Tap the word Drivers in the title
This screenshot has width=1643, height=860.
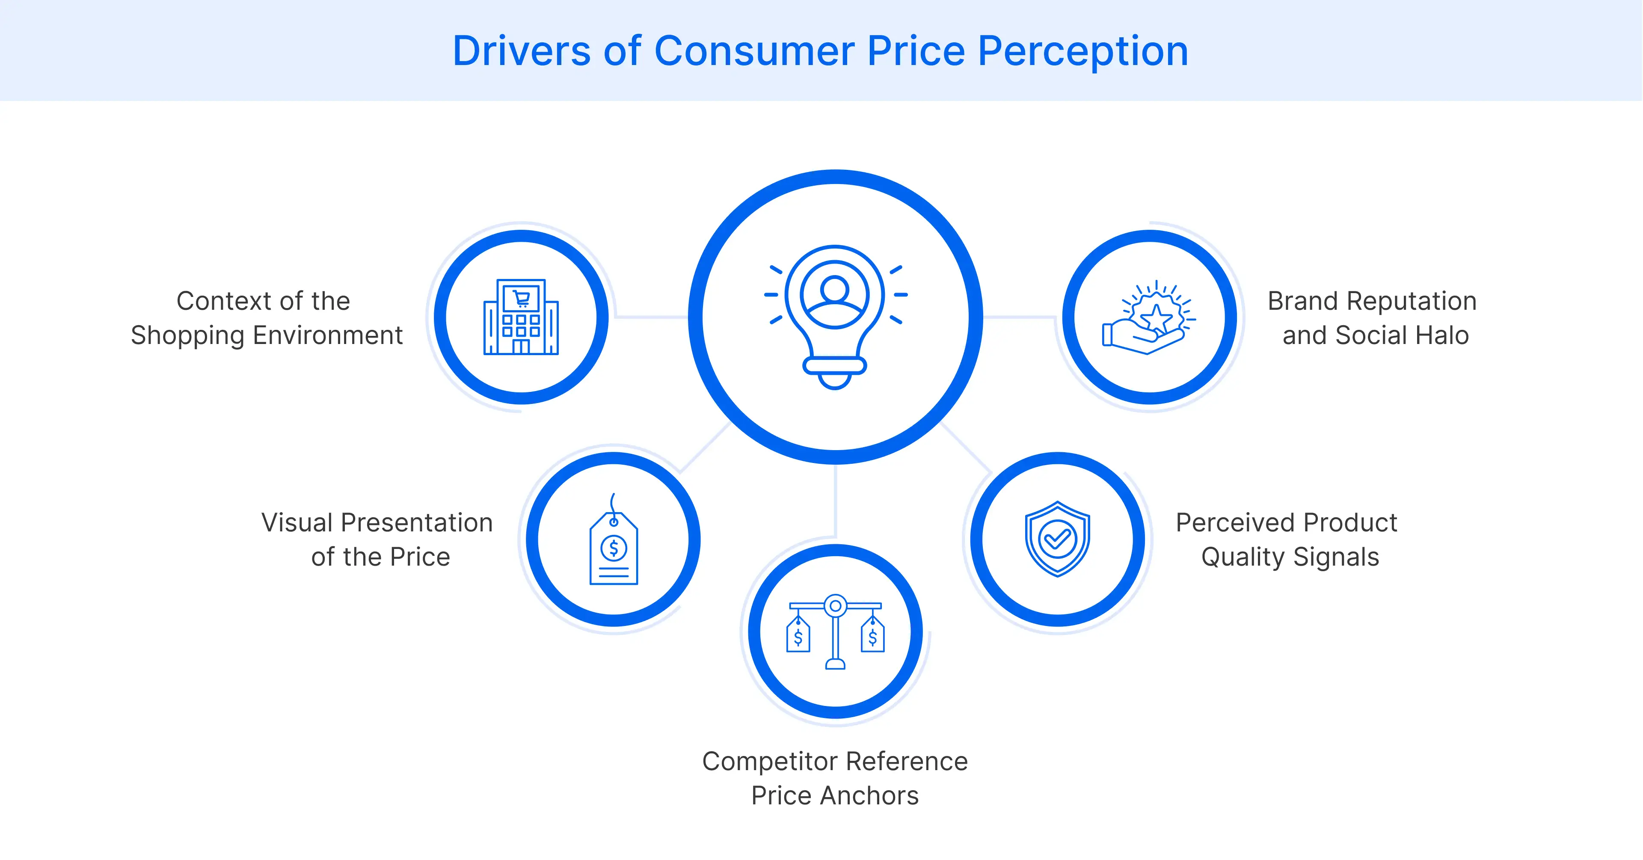coord(521,51)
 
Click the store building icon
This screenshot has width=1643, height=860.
coord(521,317)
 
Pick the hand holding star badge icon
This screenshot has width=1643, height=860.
coord(1149,317)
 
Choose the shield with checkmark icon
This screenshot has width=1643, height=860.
coord(1057,539)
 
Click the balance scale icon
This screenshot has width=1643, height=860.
coord(835,632)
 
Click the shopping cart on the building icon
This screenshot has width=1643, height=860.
coord(522,297)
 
